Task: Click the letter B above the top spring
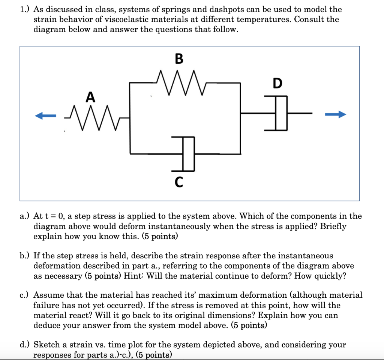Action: point(179,59)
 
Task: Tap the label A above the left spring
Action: point(90,97)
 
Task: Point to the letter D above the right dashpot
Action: point(277,83)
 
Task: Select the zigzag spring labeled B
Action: point(179,83)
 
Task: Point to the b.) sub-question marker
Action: point(25,256)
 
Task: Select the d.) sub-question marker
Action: point(25,345)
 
